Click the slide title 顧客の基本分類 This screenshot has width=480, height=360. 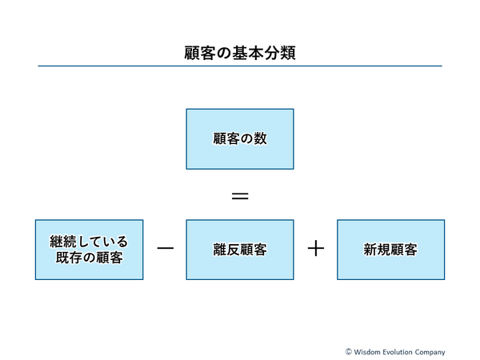click(x=239, y=53)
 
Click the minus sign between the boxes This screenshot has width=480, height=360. click(x=165, y=249)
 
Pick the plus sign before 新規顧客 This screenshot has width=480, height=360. click(x=316, y=249)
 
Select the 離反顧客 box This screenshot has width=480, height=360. click(x=239, y=250)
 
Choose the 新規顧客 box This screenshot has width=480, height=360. click(x=390, y=250)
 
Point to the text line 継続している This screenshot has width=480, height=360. click(x=89, y=241)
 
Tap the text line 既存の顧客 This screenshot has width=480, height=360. click(x=89, y=258)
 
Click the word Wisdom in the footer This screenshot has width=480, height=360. click(x=370, y=351)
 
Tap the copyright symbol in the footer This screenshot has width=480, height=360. click(x=349, y=351)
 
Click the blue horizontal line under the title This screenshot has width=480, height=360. click(x=239, y=66)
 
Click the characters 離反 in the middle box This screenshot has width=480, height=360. click(x=226, y=250)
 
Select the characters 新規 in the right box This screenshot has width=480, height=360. click(x=377, y=250)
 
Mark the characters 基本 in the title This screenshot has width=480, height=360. click(x=249, y=53)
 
